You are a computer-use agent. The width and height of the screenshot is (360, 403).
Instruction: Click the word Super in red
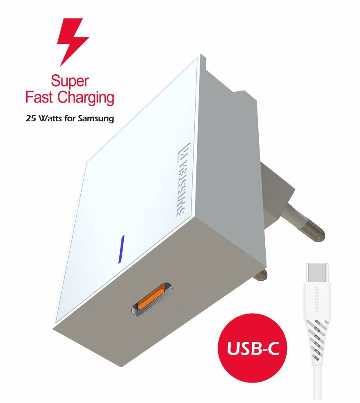[x=70, y=82]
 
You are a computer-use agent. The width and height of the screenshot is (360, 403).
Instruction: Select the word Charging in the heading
[x=85, y=98]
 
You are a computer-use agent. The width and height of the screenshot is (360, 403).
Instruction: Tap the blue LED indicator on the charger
[x=121, y=249]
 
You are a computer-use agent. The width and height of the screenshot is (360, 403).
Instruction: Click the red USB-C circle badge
[x=252, y=348]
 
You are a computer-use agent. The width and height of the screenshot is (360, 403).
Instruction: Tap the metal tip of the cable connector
[x=317, y=273]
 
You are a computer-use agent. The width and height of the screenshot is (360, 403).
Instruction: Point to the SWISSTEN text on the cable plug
[x=317, y=300]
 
